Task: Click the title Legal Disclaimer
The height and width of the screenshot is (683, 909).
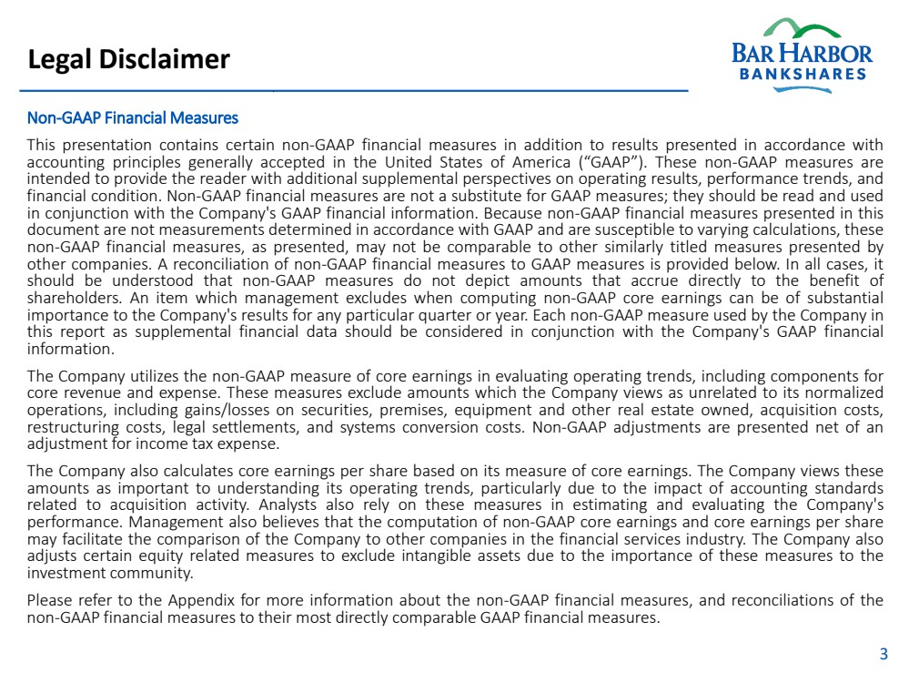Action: pos(128,60)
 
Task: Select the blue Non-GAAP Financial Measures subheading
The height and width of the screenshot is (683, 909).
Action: pos(133,117)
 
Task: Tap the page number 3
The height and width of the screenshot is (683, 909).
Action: pos(883,653)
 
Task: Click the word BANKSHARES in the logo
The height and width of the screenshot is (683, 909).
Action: pos(802,75)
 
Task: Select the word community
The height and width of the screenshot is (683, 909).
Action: pos(148,574)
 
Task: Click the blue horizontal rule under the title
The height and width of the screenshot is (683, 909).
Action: pos(355,91)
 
